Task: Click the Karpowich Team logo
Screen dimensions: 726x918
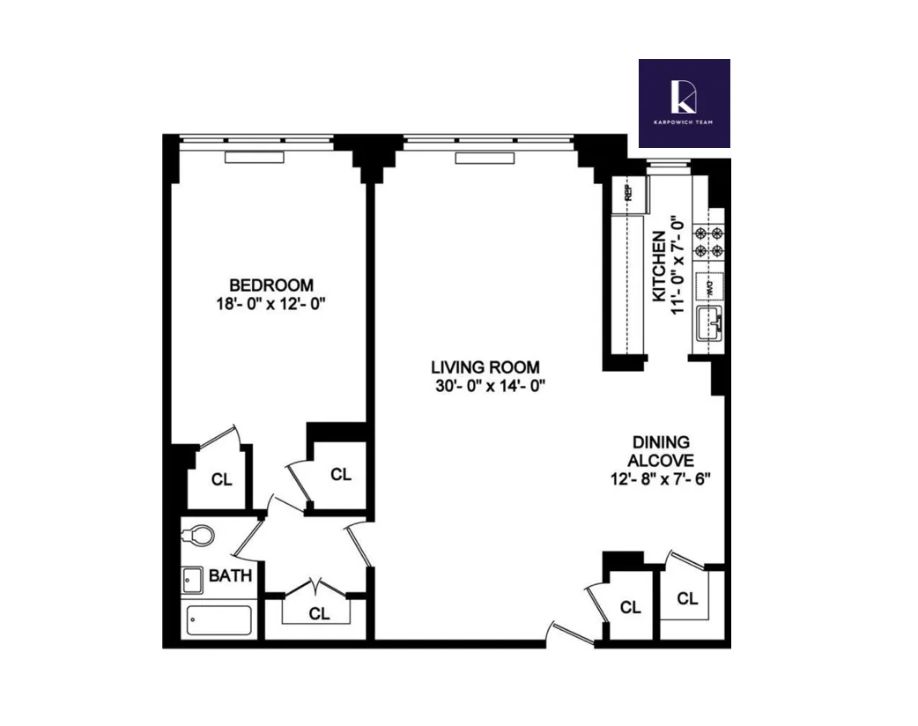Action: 684,102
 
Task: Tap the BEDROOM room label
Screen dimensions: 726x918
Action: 271,285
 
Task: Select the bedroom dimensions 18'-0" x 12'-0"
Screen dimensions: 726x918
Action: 271,304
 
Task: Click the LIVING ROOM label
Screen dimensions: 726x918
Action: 485,367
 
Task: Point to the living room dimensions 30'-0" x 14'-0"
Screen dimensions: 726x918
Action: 485,386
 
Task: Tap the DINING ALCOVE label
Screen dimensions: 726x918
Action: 660,451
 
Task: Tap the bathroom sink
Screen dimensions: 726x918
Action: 192,580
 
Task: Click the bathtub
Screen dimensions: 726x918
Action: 219,620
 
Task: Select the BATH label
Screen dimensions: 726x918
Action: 231,577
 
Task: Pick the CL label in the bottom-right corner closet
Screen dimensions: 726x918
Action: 688,599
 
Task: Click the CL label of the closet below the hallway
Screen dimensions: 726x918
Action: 320,613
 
